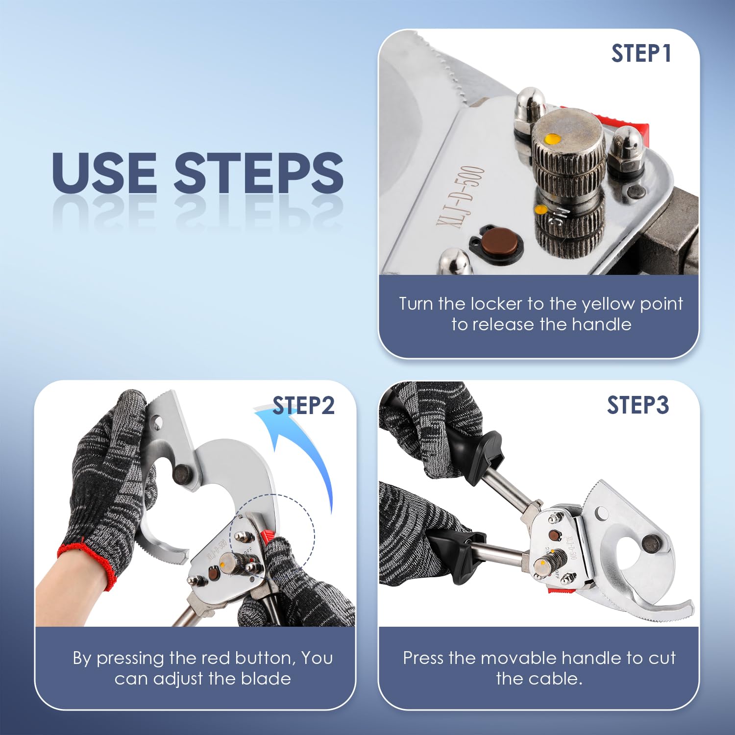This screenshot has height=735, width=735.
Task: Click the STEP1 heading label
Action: coord(641,53)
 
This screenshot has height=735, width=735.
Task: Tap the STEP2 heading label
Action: coord(303,406)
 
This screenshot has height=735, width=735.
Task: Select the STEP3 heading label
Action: coord(638,405)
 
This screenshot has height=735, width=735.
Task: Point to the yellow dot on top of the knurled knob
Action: coord(553,139)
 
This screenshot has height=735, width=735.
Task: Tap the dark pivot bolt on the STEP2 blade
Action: coord(183,475)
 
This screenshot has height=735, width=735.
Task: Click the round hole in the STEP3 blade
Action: coord(601,514)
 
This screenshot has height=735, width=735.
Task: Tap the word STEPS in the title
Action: coord(258,172)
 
